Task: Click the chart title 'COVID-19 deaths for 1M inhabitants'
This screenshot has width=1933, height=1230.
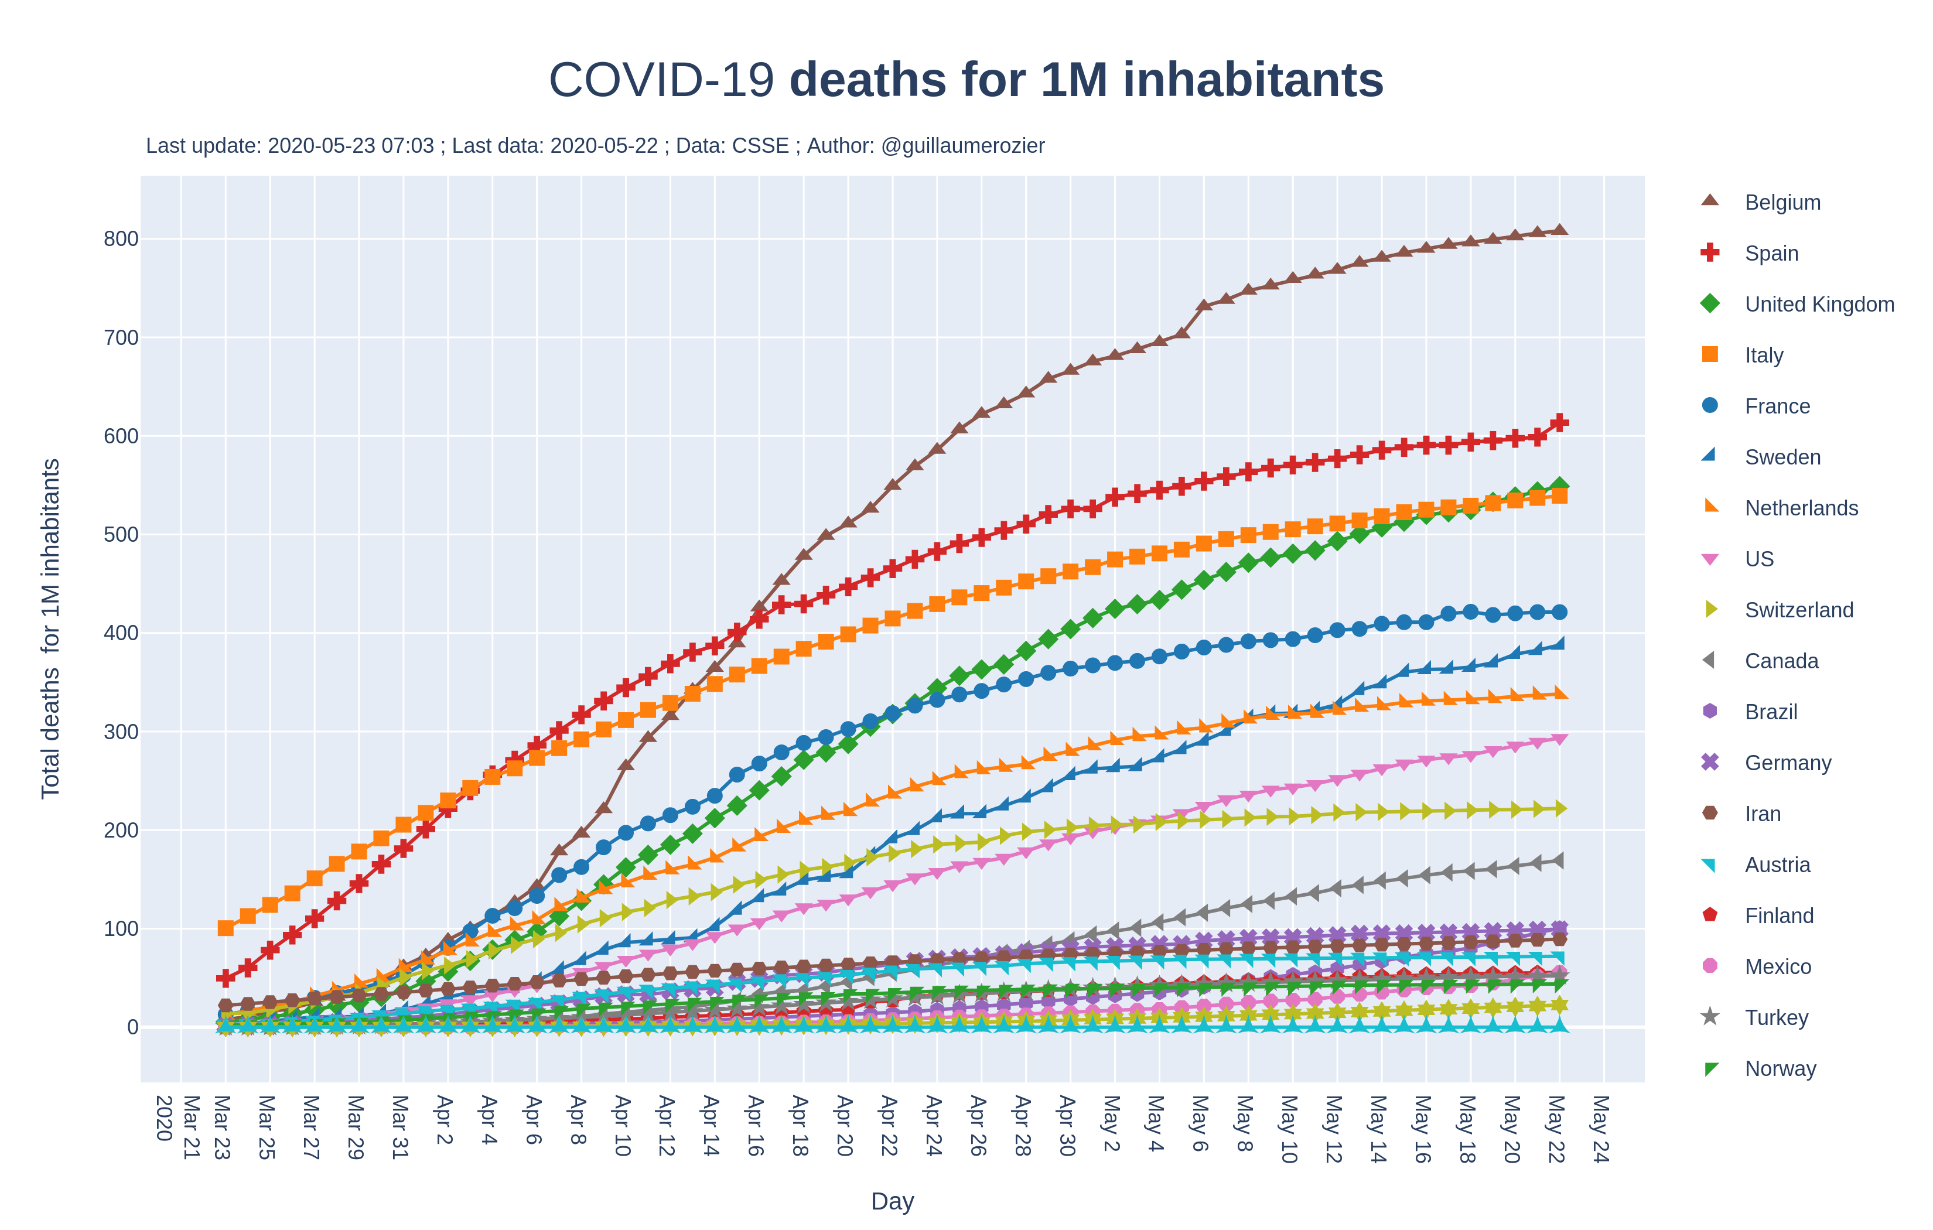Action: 966,80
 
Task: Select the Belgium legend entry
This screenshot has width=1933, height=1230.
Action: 1782,202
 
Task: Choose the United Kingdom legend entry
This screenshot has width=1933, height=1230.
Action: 1819,305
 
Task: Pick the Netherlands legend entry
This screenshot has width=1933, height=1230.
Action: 1801,508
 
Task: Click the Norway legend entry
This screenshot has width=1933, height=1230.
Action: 1780,1068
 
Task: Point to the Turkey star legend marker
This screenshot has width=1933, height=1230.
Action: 1710,1017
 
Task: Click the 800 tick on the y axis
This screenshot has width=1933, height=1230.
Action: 121,238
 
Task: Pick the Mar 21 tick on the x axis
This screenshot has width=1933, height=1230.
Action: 191,1126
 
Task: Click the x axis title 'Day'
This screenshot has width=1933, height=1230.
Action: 892,1201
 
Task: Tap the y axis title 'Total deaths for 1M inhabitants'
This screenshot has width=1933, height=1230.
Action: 50,628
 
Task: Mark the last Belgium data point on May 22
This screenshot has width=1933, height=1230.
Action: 1559,230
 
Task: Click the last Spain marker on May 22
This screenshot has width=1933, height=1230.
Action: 1559,422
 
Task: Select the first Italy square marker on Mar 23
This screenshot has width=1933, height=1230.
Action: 226,928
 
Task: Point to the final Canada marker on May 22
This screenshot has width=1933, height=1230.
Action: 1559,860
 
